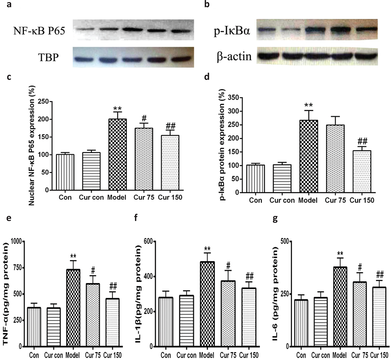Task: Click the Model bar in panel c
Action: [x=117, y=155]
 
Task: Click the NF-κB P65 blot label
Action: [x=39, y=31]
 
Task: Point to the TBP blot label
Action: [x=48, y=58]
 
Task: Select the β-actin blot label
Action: [x=234, y=56]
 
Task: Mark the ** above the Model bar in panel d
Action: [x=308, y=105]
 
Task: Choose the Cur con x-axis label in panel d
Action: [x=282, y=200]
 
